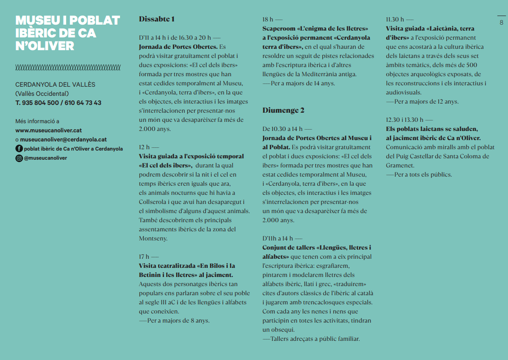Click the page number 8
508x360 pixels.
pyautogui.click(x=501, y=22)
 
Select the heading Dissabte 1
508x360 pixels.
pyautogui.click(x=157, y=19)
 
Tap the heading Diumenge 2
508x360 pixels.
pyautogui.click(x=283, y=110)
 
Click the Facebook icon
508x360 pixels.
pyautogui.click(x=19, y=149)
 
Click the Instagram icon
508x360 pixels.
pyautogui.click(x=19, y=158)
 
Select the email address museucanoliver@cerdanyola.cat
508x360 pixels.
pyautogui.click(x=63, y=140)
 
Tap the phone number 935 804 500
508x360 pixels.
pyautogui.click(x=40, y=103)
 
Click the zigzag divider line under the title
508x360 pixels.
pyautogui.click(x=68, y=68)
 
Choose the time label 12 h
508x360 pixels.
pyautogui.click(x=144, y=147)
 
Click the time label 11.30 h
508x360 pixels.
pyautogui.click(x=395, y=19)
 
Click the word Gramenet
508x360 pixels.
pyautogui.click(x=400, y=165)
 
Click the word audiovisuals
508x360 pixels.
pyautogui.click(x=403, y=92)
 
